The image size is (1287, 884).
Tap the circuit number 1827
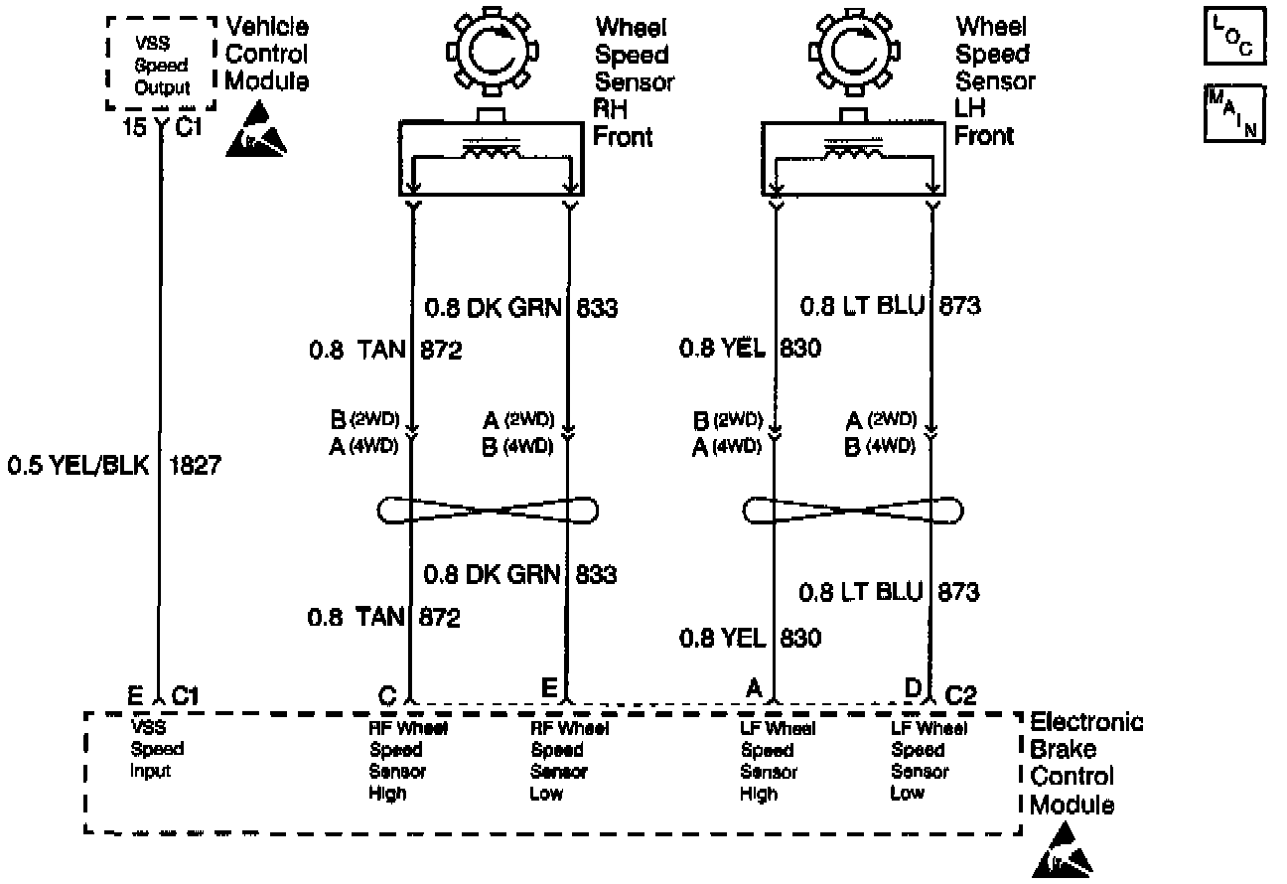tap(197, 465)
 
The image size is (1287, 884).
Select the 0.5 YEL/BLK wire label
tap(78, 465)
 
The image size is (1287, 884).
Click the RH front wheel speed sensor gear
tap(490, 54)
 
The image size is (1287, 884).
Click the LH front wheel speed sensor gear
tap(852, 54)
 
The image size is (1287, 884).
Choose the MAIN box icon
tap(1234, 113)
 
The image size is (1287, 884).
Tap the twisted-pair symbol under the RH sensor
tap(490, 511)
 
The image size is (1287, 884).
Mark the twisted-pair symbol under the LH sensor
tap(853, 511)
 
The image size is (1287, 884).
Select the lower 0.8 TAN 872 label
tap(383, 618)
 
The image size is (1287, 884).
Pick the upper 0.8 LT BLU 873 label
tap(891, 306)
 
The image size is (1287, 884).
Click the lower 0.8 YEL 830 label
tap(750, 638)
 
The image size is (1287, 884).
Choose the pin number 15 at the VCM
tap(134, 127)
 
